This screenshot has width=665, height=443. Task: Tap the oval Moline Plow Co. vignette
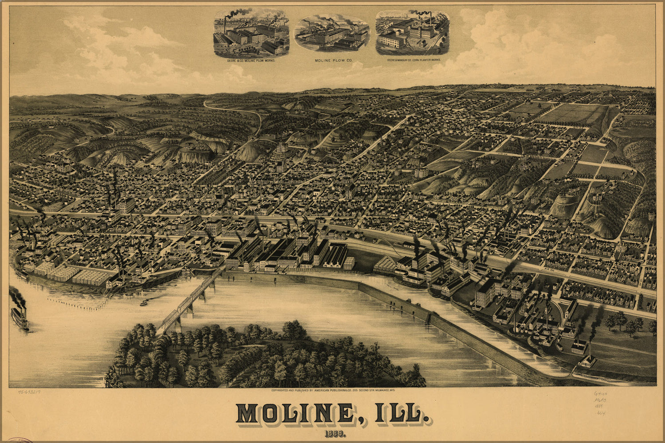pyautogui.click(x=332, y=34)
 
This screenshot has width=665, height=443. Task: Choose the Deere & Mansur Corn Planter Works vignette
pyautogui.click(x=413, y=32)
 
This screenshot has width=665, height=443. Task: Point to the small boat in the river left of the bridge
pyautogui.click(x=144, y=303)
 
